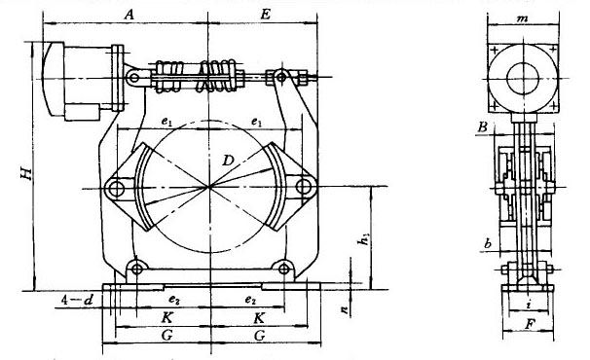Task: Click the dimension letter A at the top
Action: tap(129, 15)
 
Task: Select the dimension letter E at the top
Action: tap(265, 15)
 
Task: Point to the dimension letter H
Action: tap(26, 173)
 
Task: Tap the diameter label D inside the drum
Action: tap(228, 161)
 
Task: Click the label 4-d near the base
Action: tap(77, 300)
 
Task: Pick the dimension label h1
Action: tap(364, 239)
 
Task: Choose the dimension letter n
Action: tap(344, 309)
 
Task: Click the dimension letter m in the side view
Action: tap(522, 18)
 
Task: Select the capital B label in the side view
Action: tap(483, 127)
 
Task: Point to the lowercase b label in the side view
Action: tap(488, 244)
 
